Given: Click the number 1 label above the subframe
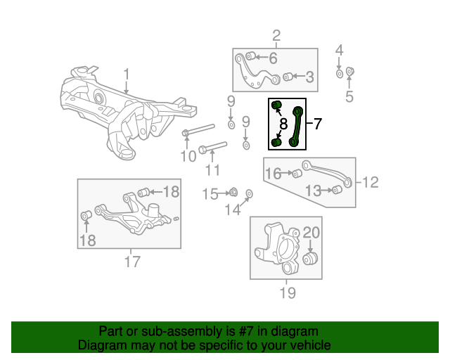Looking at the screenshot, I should (x=127, y=74).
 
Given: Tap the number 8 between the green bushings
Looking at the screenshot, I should (x=283, y=124).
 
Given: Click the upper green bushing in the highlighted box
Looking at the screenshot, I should (x=276, y=106).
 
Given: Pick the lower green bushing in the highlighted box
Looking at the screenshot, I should (x=276, y=142).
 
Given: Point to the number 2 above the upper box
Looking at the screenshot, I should (x=276, y=35).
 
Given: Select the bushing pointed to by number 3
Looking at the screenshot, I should (x=288, y=77).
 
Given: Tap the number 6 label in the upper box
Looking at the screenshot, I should (x=273, y=58).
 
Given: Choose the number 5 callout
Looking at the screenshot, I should (x=350, y=96).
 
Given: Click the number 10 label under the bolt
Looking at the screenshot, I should (x=188, y=155).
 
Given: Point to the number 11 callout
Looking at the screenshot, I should (x=212, y=169).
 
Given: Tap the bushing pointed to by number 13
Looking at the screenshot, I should (x=336, y=191).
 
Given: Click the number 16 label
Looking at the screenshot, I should (x=273, y=173).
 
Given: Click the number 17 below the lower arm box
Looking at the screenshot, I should (x=132, y=262).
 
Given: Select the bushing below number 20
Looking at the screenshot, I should (x=311, y=260).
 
